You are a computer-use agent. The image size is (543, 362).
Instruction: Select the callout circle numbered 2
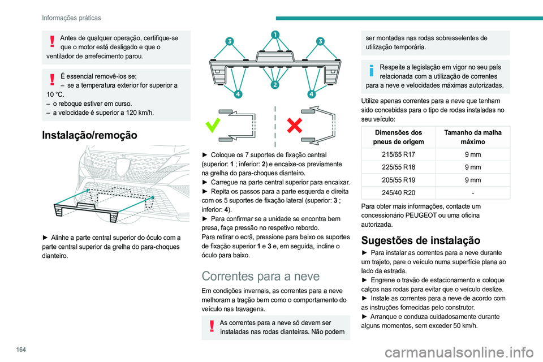coord(274,85)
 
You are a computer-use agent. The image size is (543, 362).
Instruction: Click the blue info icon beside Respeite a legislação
coord(372,70)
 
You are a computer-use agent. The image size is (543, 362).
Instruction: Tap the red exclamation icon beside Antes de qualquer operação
coord(52,41)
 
